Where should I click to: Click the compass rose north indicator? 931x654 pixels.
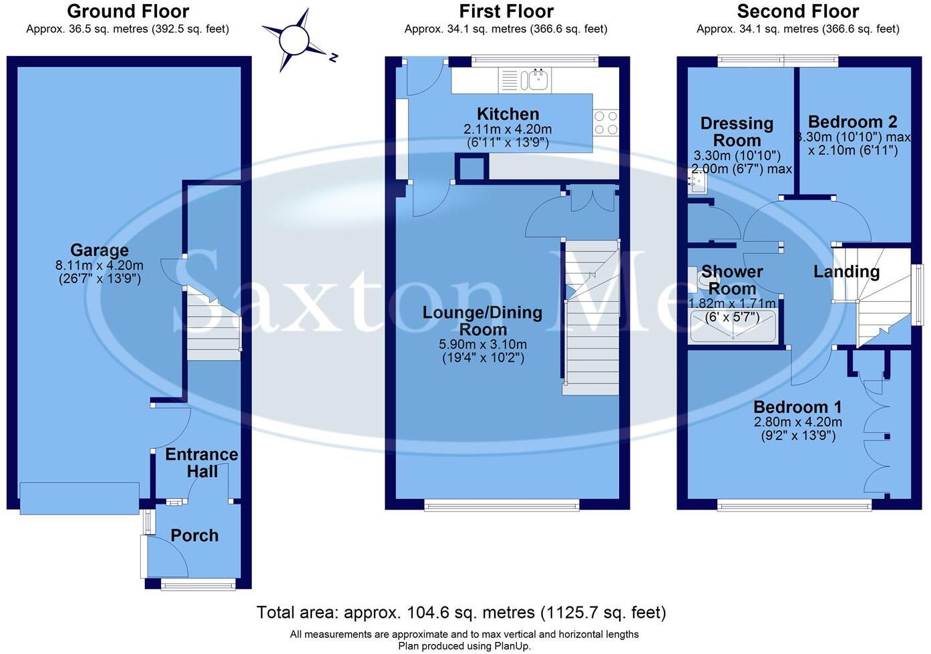(295, 39)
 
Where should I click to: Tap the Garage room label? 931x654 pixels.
(100, 251)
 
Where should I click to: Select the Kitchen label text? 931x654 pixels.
(508, 114)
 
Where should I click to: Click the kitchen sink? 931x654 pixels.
(534, 81)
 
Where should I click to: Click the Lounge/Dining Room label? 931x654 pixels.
(482, 321)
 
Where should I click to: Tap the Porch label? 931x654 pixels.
(194, 536)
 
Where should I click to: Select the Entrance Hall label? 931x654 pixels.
(202, 463)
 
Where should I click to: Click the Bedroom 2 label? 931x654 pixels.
(852, 122)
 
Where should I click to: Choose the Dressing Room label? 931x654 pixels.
(737, 132)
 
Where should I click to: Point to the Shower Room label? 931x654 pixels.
(732, 281)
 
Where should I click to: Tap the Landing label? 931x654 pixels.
(846, 272)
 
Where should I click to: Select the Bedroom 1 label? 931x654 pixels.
(797, 407)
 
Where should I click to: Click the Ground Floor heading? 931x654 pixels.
(128, 11)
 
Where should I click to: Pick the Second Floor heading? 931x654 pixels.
(797, 11)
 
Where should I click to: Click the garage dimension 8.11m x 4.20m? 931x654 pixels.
(100, 265)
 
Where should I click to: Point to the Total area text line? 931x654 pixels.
(461, 613)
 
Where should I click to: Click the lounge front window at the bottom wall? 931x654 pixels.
(502, 505)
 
